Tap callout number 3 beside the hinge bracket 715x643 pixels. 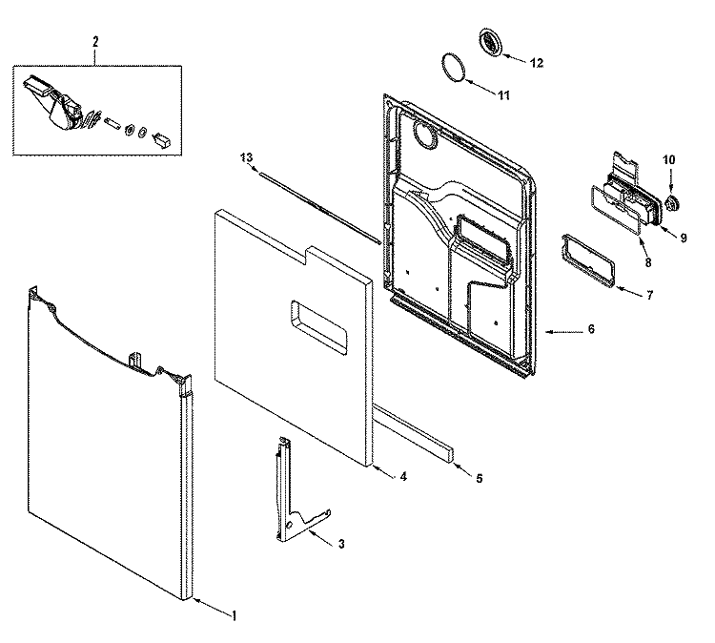point(341,543)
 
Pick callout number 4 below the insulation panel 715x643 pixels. point(403,474)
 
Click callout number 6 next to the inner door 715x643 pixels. point(590,329)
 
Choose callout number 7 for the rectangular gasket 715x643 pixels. point(649,295)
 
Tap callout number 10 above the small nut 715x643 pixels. point(668,160)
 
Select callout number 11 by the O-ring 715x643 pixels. point(504,94)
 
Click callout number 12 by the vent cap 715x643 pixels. point(536,62)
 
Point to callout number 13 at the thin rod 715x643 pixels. point(247,156)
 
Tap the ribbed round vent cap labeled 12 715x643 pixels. point(492,43)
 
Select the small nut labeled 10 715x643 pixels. point(671,202)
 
